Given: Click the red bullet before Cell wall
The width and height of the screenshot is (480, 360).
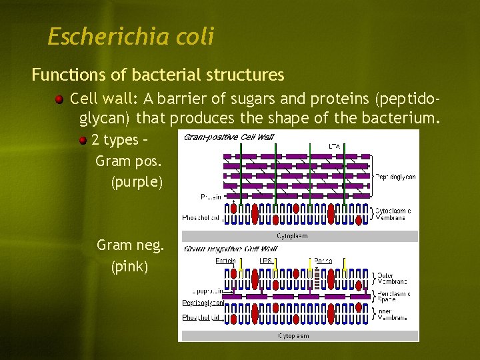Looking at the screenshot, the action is point(60,100).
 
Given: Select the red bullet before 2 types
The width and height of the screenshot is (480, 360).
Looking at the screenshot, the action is point(83,141).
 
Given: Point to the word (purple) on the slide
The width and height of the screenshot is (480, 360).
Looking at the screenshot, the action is point(137,182).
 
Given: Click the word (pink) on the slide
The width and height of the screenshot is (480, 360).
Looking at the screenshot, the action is point(130,267).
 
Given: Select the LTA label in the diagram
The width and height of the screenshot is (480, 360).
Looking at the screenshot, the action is point(335,145).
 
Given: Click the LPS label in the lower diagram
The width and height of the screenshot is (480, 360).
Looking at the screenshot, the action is point(265,260).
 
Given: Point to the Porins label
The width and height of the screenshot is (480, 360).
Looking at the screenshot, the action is point(323,260).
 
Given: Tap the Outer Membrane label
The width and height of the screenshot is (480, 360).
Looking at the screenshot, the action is point(385,279).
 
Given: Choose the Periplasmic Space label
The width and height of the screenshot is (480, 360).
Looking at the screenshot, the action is point(393,297).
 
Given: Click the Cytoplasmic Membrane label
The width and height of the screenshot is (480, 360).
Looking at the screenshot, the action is point(393,215).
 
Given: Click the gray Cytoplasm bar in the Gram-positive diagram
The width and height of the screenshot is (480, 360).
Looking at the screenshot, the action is point(299,236).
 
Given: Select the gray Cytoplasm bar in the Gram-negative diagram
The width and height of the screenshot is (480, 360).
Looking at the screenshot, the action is point(299,336).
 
